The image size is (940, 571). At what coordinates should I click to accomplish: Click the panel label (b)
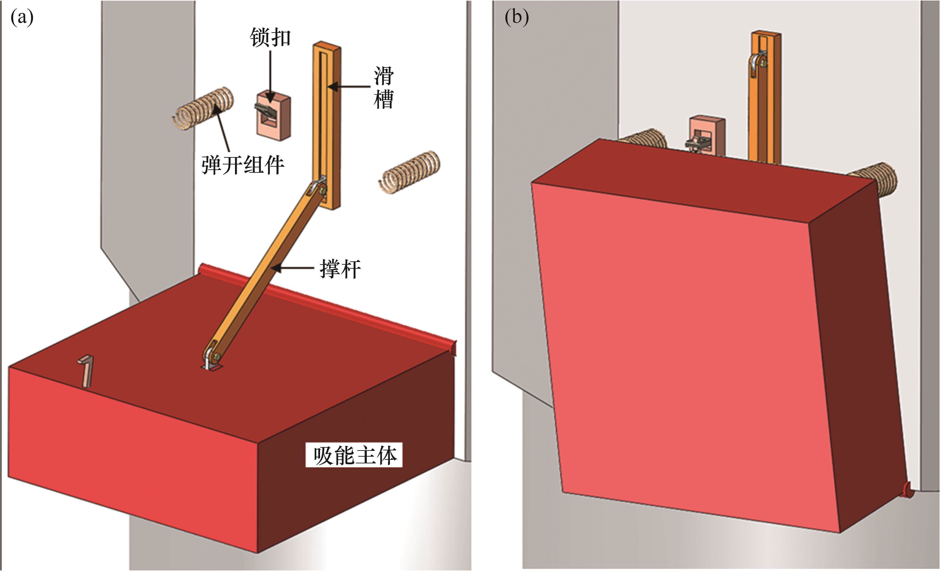(x=517, y=17)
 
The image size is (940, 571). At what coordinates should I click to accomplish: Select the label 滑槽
(x=383, y=88)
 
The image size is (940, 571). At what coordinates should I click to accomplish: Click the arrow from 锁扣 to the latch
(x=271, y=76)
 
